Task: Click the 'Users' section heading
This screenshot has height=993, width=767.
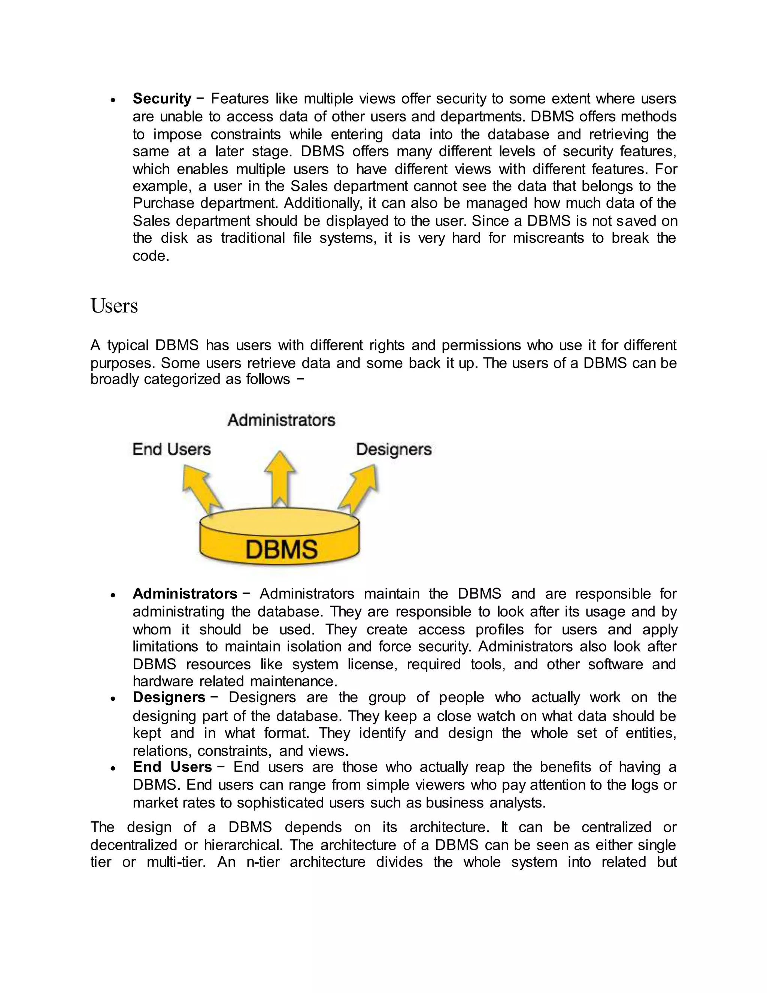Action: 114,305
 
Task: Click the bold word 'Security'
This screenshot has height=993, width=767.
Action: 162,99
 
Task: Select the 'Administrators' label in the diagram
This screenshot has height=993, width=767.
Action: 281,420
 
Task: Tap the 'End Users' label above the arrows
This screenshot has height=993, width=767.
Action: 171,449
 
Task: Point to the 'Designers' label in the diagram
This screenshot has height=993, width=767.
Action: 394,449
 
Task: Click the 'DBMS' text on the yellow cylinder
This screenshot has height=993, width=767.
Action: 281,549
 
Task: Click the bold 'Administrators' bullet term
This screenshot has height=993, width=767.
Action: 185,594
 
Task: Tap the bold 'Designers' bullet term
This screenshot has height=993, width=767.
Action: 169,697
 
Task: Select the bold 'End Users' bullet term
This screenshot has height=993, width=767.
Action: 172,767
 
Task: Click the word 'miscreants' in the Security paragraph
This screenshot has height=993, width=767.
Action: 548,238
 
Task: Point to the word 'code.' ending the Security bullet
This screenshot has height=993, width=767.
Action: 151,256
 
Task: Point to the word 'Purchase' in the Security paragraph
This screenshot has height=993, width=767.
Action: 162,203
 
